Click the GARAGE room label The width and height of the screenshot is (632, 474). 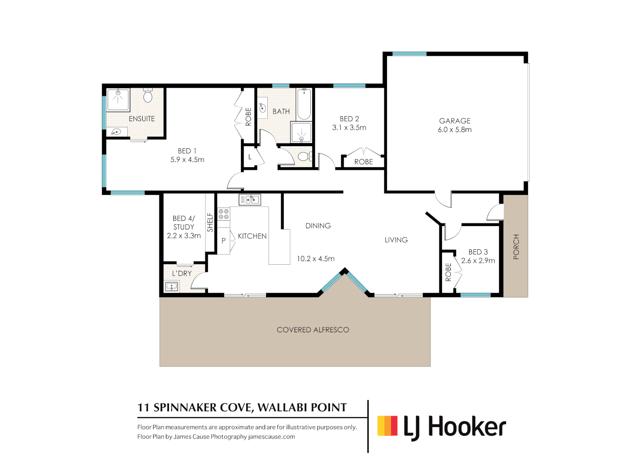tap(455, 121)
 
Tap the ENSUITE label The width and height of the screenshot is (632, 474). tap(142, 119)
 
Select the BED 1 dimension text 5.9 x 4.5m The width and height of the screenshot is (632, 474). tap(187, 160)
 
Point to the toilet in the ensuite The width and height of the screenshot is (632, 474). tap(148, 95)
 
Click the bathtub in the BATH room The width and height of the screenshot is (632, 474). tap(304, 104)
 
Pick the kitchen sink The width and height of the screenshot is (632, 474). tap(250, 200)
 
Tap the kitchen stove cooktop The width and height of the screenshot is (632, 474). tap(223, 214)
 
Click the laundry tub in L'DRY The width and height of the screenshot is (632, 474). tap(171, 287)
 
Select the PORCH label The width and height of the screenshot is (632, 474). tap(516, 247)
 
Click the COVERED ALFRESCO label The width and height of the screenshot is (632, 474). tap(313, 330)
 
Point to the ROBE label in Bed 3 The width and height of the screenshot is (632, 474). tap(448, 272)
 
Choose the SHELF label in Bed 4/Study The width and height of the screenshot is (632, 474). tap(210, 223)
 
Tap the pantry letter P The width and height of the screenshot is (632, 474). tap(223, 241)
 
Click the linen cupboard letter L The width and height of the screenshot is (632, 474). tap(250, 157)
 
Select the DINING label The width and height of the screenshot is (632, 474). tap(318, 226)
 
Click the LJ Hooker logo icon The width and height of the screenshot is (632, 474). tap(388, 426)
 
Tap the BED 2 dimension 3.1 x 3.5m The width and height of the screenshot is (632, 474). tap(349, 128)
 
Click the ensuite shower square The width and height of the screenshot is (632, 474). tap(118, 100)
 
